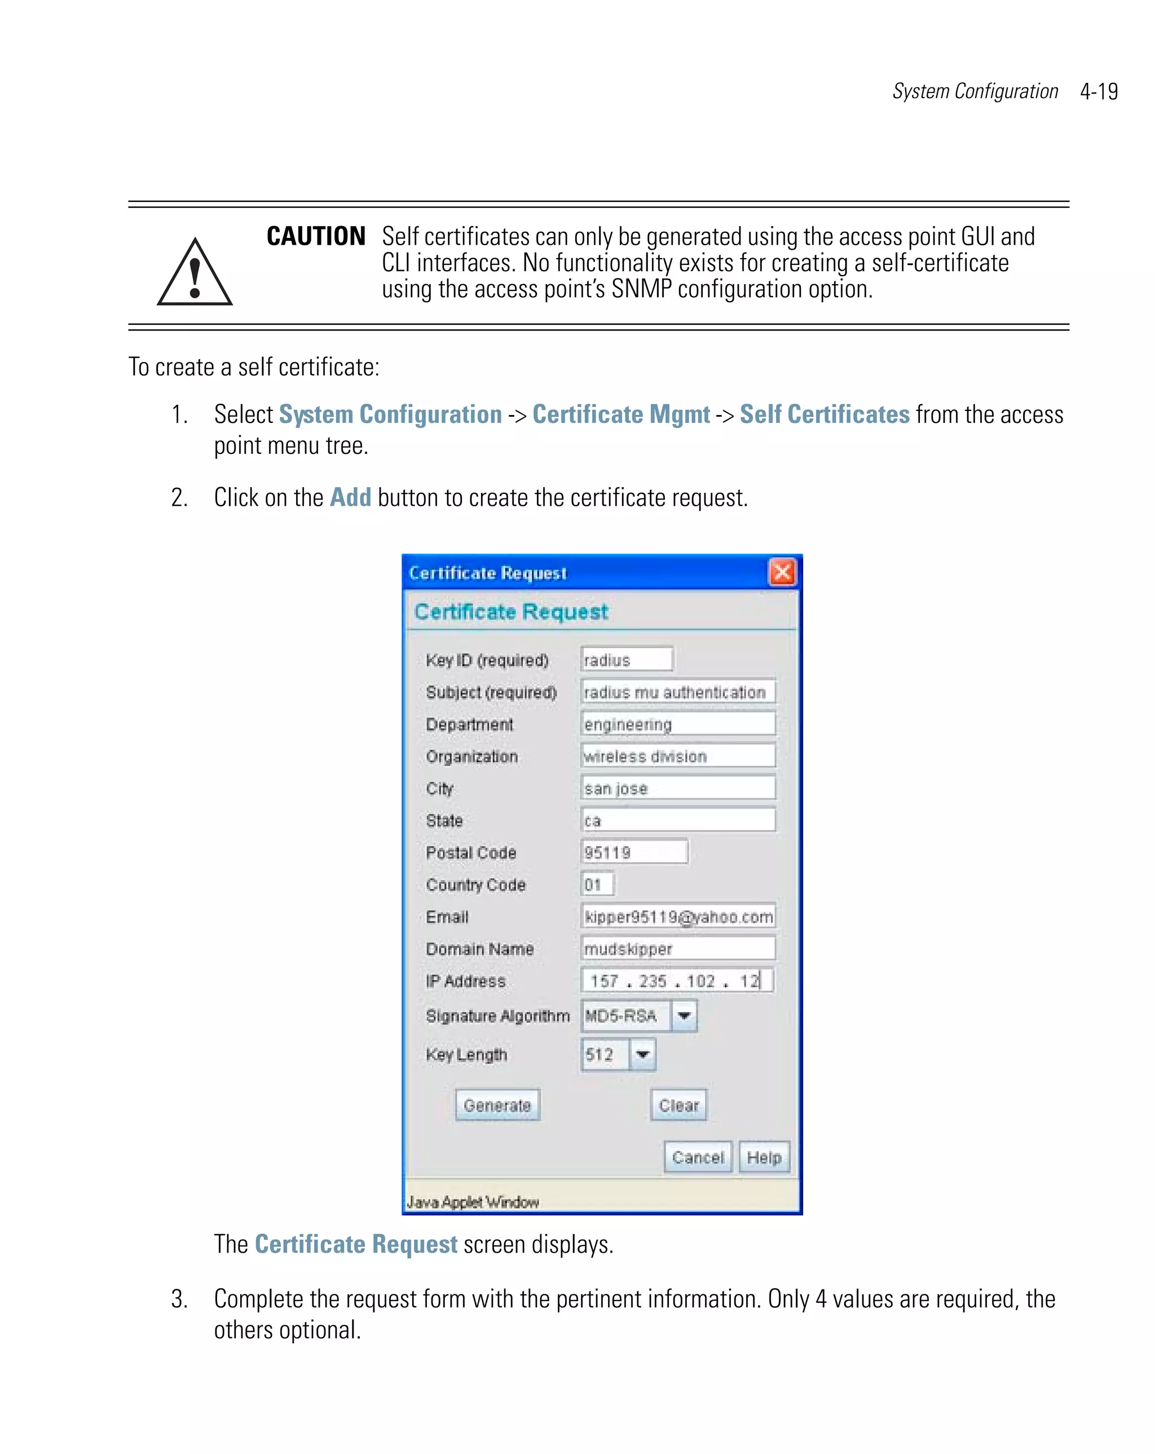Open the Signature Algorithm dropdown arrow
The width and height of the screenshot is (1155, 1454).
point(684,1015)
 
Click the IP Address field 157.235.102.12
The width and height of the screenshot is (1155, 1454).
point(677,980)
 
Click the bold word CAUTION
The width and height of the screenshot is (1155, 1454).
point(316,237)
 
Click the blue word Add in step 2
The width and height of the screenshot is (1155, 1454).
point(350,498)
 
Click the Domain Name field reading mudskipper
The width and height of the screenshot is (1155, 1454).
point(678,949)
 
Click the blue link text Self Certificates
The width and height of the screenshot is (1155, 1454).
point(825,414)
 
